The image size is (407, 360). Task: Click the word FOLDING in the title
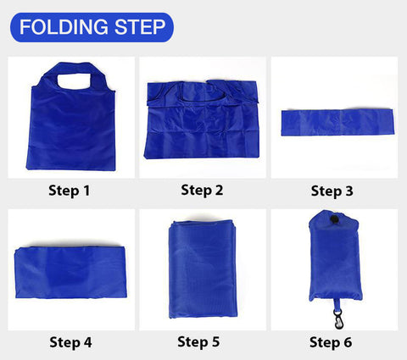[61, 28]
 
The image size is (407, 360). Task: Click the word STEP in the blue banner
[136, 28]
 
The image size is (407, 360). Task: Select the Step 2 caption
[202, 190]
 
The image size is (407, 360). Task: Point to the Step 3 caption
[332, 191]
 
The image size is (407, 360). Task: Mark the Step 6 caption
[331, 342]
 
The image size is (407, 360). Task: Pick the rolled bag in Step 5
[201, 267]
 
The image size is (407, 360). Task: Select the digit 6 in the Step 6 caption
[348, 342]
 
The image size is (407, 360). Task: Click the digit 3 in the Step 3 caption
[349, 191]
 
